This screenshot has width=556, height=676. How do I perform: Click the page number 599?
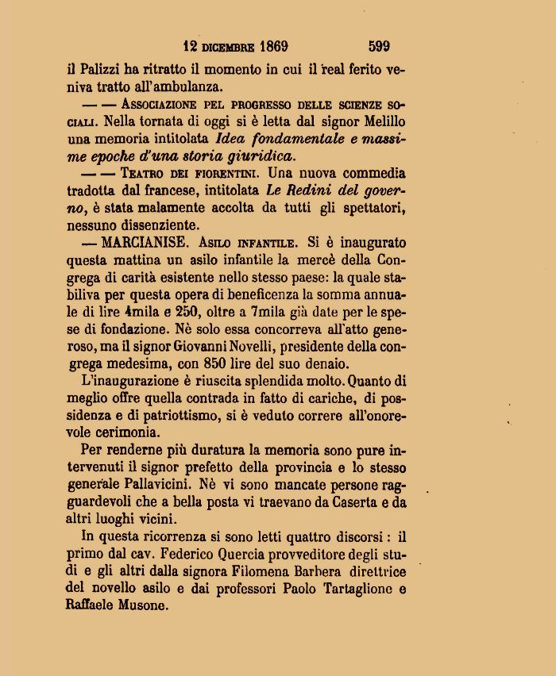pyautogui.click(x=379, y=46)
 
